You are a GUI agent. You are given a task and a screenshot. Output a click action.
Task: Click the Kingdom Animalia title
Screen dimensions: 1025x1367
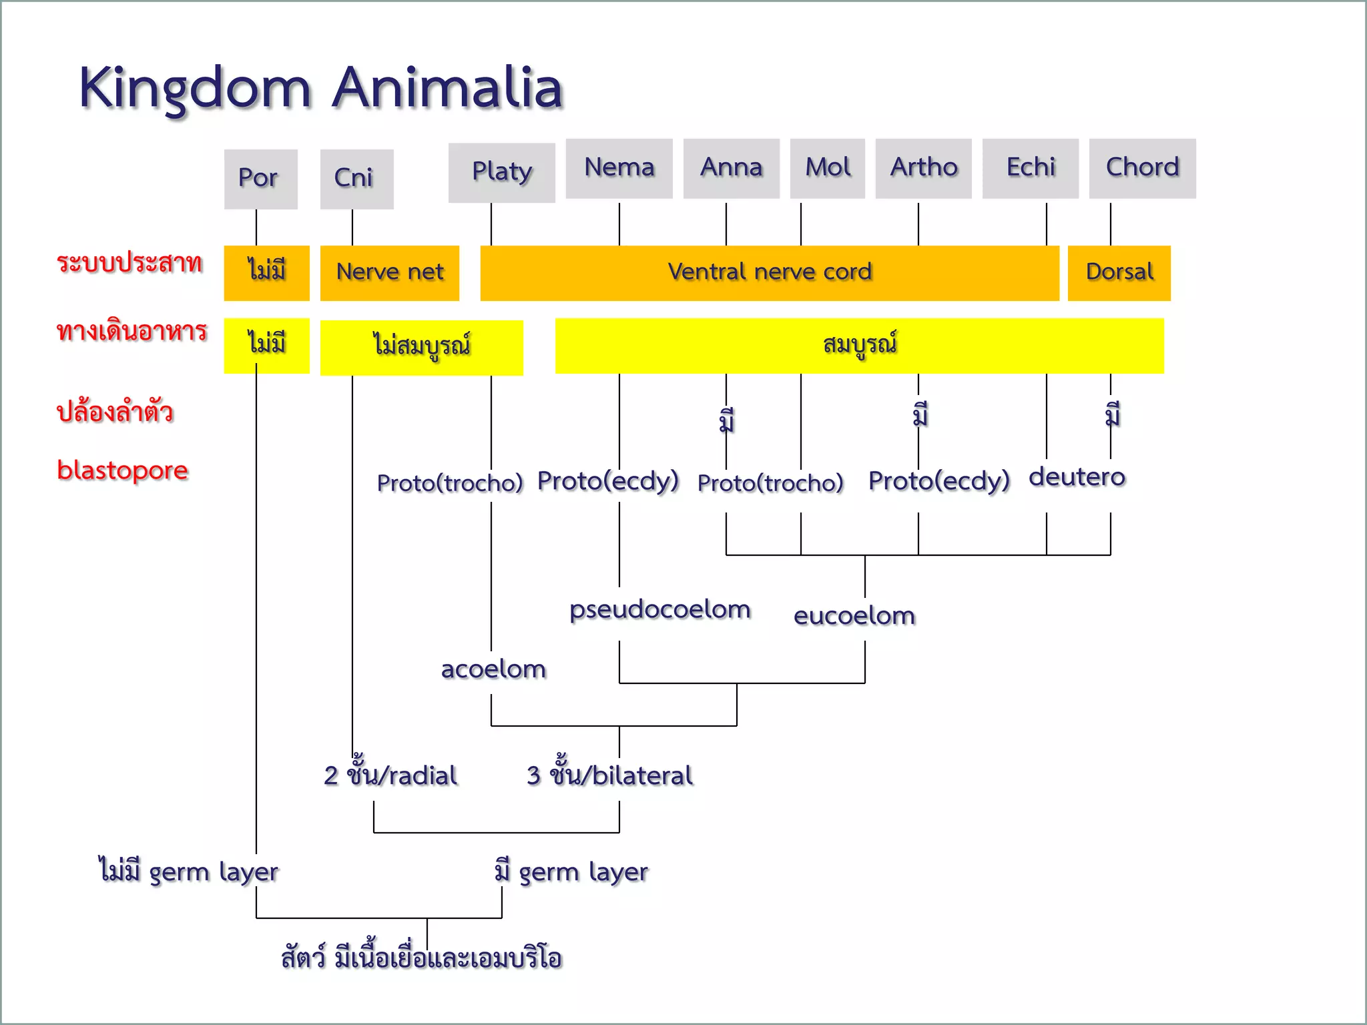(x=320, y=88)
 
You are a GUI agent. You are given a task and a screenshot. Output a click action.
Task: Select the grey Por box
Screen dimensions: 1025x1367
(x=260, y=179)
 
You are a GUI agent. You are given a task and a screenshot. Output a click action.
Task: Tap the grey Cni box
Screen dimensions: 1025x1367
(x=356, y=179)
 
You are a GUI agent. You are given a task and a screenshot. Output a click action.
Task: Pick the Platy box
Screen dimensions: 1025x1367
(x=501, y=172)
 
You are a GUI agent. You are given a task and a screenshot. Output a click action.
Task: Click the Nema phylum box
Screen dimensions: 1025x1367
(x=619, y=168)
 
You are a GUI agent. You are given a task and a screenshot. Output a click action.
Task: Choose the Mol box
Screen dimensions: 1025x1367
(x=827, y=168)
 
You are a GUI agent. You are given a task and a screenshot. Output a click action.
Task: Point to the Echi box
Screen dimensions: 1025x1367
(x=1030, y=168)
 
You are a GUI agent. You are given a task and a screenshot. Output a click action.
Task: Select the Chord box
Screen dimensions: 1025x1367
(x=1142, y=168)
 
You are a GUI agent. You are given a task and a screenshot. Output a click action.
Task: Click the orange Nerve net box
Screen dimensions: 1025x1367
(x=389, y=272)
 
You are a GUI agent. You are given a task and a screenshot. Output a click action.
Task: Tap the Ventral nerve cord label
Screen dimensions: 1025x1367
(x=769, y=272)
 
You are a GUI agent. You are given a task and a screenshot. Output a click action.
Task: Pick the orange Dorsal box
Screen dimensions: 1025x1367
(x=1119, y=272)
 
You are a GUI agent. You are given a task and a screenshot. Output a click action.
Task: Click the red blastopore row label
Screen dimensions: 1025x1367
(x=122, y=470)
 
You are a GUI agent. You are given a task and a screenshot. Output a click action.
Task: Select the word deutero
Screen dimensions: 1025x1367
(x=1076, y=477)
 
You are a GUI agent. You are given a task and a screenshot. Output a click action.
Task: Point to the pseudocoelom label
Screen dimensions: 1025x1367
(x=659, y=609)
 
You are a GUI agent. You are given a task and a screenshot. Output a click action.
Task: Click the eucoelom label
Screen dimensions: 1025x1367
(x=854, y=615)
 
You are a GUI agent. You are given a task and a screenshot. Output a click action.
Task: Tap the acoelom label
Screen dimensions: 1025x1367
(x=493, y=669)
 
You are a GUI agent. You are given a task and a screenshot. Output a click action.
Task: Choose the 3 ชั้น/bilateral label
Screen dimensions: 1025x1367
(x=609, y=774)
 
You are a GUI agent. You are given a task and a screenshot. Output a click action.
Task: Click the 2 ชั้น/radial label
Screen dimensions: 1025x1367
(x=390, y=774)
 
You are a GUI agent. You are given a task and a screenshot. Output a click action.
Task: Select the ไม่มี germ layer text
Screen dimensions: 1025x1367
(x=188, y=872)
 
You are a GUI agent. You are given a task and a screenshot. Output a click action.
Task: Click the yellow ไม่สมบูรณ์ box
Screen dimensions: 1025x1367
(x=421, y=347)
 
